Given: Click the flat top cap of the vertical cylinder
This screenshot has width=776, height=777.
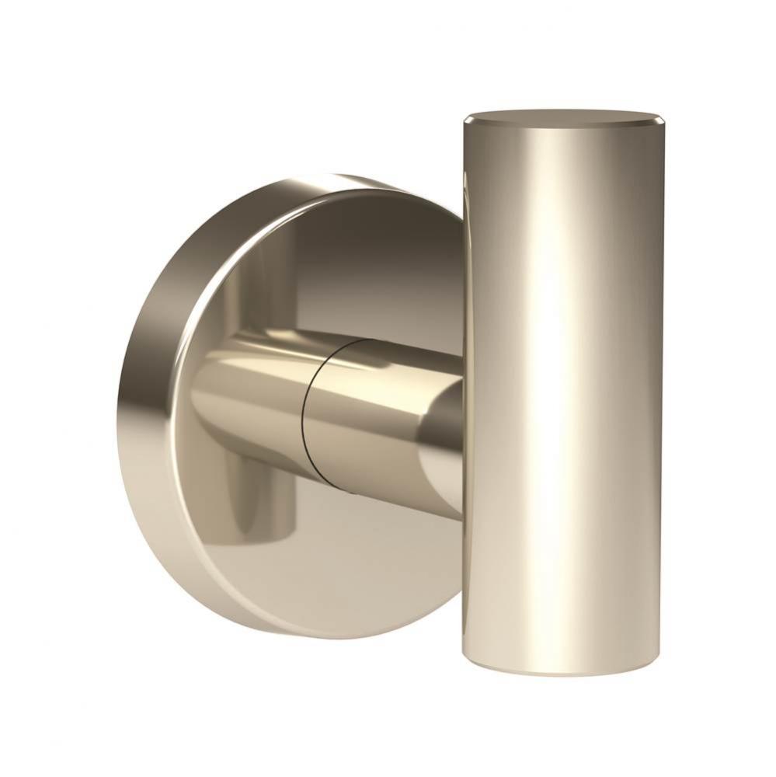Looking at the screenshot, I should click(563, 119).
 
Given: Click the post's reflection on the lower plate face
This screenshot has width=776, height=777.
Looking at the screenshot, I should click(264, 497).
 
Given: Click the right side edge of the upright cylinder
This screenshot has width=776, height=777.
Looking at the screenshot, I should click(662, 388).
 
